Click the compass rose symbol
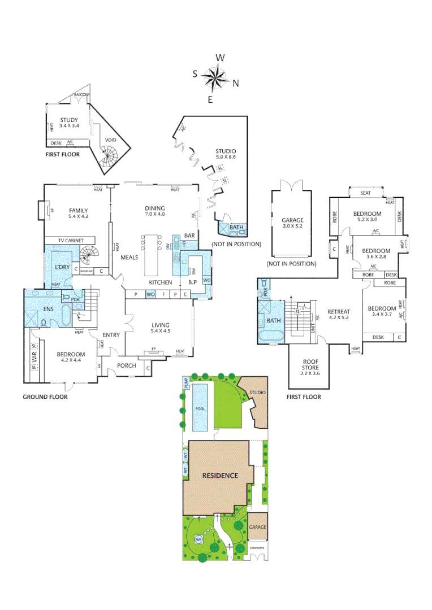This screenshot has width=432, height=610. click(215, 78)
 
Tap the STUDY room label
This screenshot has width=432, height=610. click(69, 120)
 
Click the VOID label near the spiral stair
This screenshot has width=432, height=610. click(111, 141)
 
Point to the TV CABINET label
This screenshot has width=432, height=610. click(67, 241)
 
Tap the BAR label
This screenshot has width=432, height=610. click(190, 235)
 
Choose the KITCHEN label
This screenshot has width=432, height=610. click(160, 282)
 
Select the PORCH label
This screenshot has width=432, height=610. click(126, 365)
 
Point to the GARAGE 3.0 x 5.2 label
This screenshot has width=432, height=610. click(293, 220)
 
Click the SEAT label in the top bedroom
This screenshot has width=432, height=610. click(366, 193)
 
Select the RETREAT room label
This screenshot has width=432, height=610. click(339, 312)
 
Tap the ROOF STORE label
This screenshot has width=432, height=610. click(309, 364)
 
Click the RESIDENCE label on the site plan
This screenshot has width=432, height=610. click(220, 475)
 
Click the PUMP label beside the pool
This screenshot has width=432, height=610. click(185, 384)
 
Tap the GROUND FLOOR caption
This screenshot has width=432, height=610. click(45, 397)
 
